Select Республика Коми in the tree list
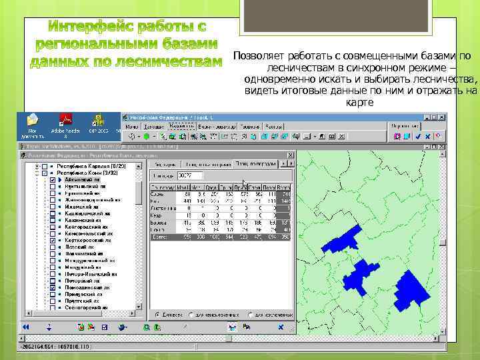(x=79, y=173)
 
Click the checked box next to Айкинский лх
(x=53, y=180)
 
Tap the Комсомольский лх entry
(x=91, y=232)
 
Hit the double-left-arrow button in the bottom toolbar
(x=27, y=327)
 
